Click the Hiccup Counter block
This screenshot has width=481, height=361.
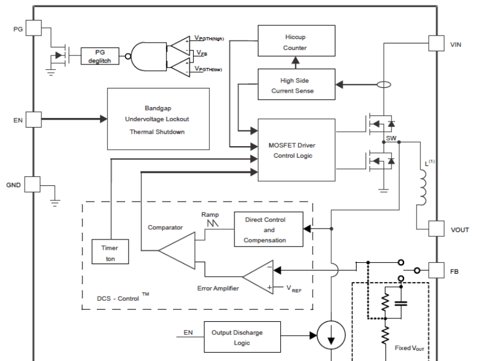coord(296,42)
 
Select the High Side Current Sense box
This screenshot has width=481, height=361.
coord(296,85)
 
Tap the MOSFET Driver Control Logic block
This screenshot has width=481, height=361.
coord(296,150)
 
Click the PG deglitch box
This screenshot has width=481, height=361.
coord(99,57)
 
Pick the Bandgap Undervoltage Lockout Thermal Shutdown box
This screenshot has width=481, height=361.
coord(158,119)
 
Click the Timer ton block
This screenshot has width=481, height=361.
coord(109,253)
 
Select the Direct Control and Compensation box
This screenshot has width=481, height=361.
coord(265,230)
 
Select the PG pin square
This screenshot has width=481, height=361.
coord(34,28)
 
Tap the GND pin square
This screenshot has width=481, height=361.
coord(34,184)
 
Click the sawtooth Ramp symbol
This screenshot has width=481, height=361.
coord(210,225)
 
